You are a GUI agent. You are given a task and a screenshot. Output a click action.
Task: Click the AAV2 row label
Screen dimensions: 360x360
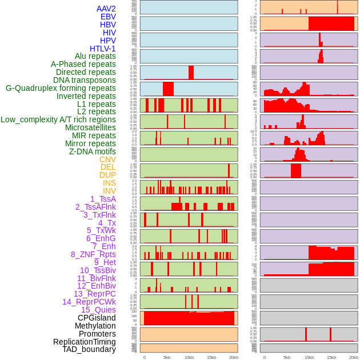[x=106, y=9]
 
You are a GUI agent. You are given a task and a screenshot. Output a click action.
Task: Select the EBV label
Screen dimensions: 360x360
[x=108, y=17]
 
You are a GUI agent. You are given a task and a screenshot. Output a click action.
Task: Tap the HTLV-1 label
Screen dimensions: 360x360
[x=103, y=49]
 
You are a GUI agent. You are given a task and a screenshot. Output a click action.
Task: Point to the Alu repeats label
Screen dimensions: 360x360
[x=95, y=56]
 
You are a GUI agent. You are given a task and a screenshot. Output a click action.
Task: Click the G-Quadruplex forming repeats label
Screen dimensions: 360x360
[x=61, y=88]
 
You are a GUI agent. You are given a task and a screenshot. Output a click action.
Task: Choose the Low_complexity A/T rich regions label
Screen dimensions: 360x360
[x=58, y=119]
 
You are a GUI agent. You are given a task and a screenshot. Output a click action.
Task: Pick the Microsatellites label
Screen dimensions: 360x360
[x=90, y=127]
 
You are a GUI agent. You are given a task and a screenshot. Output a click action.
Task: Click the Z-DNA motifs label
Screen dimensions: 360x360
[x=93, y=151]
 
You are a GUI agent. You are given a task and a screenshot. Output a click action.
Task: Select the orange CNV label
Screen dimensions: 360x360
[x=107, y=159]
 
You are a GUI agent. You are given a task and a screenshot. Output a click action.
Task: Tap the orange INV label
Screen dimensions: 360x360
[x=109, y=191]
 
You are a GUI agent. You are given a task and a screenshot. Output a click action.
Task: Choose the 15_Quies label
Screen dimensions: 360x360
[x=98, y=310]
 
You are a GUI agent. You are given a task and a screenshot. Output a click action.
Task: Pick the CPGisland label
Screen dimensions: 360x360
[x=97, y=318]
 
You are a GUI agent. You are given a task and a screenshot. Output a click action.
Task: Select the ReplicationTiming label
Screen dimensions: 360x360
[x=85, y=342]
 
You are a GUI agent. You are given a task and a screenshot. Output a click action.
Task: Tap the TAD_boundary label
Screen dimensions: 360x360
[x=89, y=349]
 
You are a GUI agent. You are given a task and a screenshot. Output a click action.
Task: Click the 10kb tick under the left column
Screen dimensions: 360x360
[x=189, y=357]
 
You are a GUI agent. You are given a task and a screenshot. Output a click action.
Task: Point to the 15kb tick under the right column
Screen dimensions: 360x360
[x=331, y=357]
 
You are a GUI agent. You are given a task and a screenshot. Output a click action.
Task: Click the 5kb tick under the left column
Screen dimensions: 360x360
[x=167, y=357]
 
